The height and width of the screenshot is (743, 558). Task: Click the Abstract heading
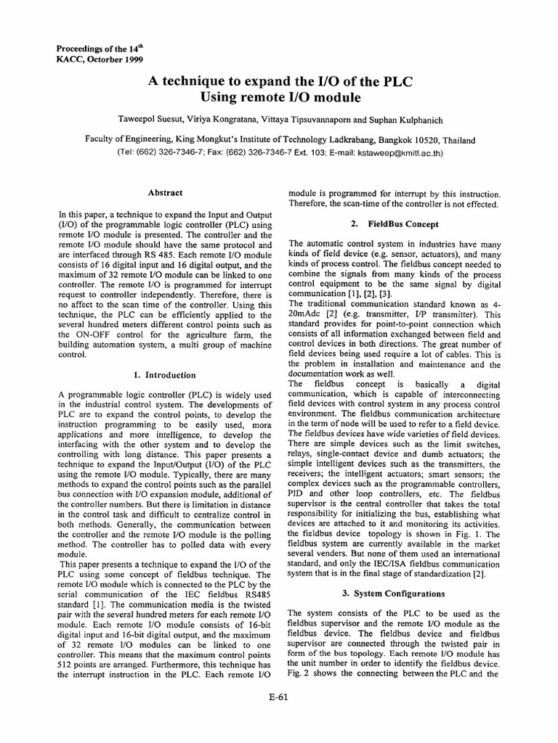165,193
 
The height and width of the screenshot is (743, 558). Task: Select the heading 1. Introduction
165,375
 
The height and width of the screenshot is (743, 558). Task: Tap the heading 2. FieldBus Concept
395,223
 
